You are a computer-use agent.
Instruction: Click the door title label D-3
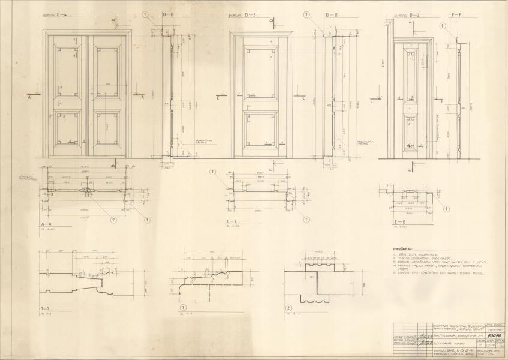pyautogui.click(x=241, y=15)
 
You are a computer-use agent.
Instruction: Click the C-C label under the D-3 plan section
pyautogui.click(x=232, y=224)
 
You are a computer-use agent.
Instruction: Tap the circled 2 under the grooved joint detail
pyautogui.click(x=288, y=308)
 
